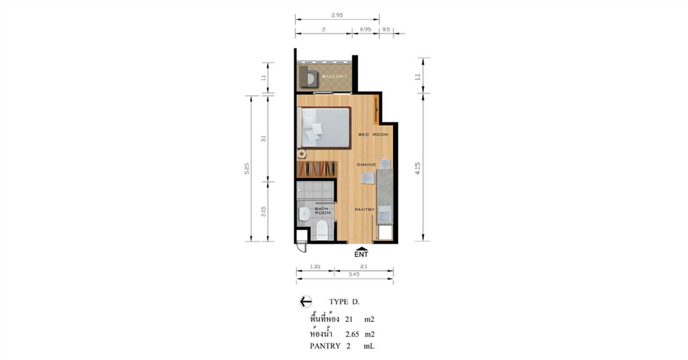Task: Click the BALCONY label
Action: pos(334,76)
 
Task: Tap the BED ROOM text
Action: pos(373,134)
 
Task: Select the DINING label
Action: pos(366,165)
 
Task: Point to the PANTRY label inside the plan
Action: pos(365,210)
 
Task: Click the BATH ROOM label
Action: pos(322,210)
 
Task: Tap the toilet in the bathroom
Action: pos(322,230)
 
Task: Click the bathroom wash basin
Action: pos(304,214)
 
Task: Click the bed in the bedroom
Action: pos(324,128)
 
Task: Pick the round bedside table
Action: pos(302,154)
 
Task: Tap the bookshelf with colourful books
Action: pos(317,169)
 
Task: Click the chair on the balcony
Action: pos(309,77)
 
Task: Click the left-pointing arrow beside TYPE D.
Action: pos(305,302)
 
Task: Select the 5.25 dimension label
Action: pos(247,169)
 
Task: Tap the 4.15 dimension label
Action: pos(417,169)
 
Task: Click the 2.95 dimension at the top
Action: pos(337,15)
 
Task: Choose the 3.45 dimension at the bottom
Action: pos(354,274)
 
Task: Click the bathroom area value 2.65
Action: pos(352,334)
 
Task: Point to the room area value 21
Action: pos(349,320)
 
